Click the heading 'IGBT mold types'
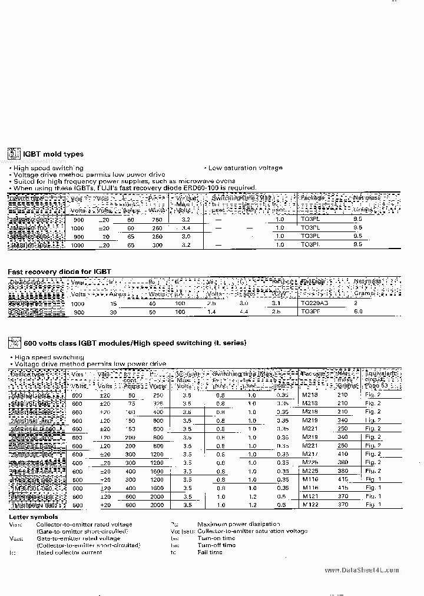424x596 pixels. (53, 154)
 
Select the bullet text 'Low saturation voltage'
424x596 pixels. (245, 168)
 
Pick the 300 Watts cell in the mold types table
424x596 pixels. (157, 244)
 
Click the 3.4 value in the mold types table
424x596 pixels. (186, 227)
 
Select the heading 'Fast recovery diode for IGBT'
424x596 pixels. (59, 271)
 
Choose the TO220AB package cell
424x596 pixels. (313, 303)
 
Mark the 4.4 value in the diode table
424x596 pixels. (244, 312)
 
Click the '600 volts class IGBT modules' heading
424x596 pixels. (134, 343)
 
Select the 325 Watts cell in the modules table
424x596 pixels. (157, 403)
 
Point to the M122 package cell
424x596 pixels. (310, 505)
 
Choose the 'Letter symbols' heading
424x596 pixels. (33, 516)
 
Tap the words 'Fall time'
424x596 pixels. (210, 552)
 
